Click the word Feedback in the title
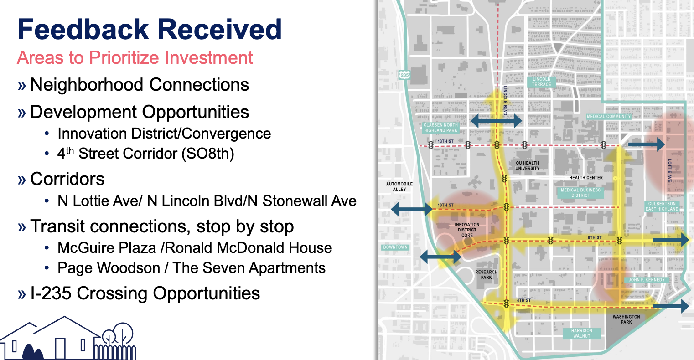tap(83, 30)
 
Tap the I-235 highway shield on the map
tap(404, 75)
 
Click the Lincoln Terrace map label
tap(542, 82)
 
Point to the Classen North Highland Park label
tap(440, 128)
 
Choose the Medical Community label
tap(609, 116)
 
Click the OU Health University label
tap(527, 165)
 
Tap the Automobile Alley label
tap(399, 187)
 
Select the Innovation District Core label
tap(467, 230)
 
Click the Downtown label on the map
tap(395, 247)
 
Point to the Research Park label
tap(486, 275)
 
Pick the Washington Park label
tap(626, 319)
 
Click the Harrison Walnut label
tap(581, 334)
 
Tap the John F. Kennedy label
tap(647, 280)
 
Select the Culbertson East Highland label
tap(662, 206)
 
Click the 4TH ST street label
tap(523, 301)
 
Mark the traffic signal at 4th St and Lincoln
tap(506, 303)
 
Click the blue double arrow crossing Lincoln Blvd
tap(497, 121)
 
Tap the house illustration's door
tap(60, 349)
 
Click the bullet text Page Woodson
tap(109, 268)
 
